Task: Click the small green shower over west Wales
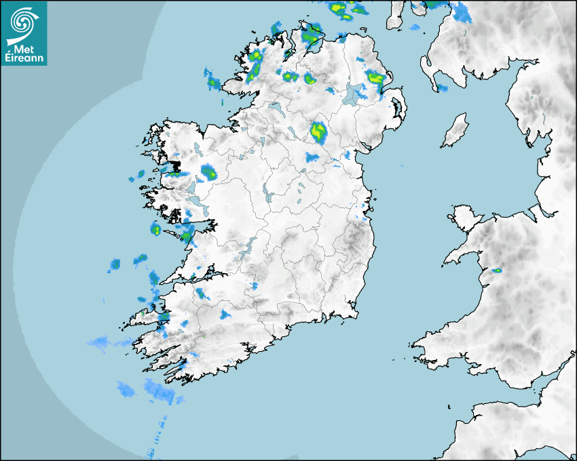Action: point(497,270)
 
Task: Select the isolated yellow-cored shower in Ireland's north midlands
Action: point(318,131)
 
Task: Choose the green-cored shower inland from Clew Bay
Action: point(209,172)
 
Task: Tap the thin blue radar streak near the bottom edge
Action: point(155,441)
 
